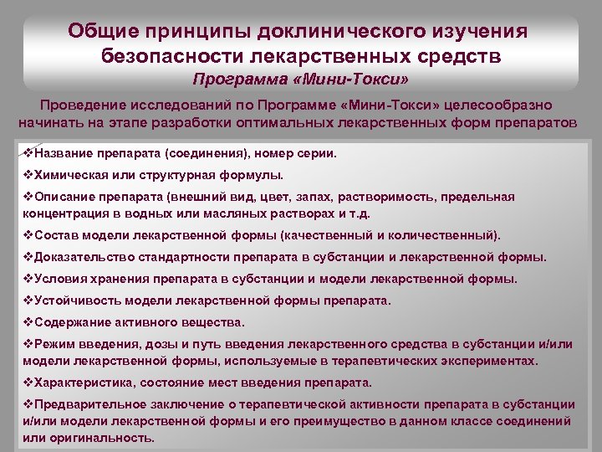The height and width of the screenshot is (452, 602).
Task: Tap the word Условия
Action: click(x=58, y=279)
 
